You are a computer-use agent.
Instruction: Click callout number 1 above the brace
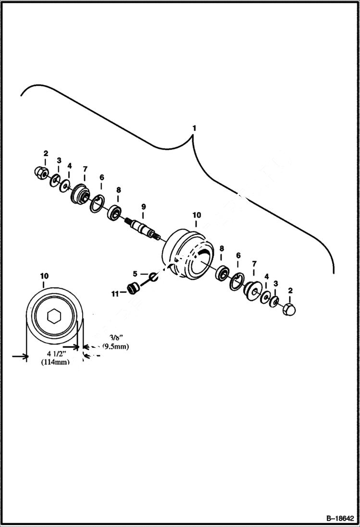click(x=194, y=129)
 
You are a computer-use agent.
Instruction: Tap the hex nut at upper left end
click(x=40, y=172)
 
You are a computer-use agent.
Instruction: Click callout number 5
click(x=135, y=273)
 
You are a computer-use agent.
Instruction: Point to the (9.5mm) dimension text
click(x=115, y=346)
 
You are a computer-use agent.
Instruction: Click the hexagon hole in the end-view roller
click(x=54, y=316)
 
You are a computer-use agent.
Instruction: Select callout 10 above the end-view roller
click(x=44, y=276)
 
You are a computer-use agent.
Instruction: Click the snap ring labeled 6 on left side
click(x=98, y=203)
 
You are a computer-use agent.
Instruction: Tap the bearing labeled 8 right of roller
click(x=223, y=272)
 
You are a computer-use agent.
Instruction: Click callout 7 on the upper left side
click(x=85, y=169)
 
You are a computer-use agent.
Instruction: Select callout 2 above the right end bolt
click(x=289, y=291)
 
